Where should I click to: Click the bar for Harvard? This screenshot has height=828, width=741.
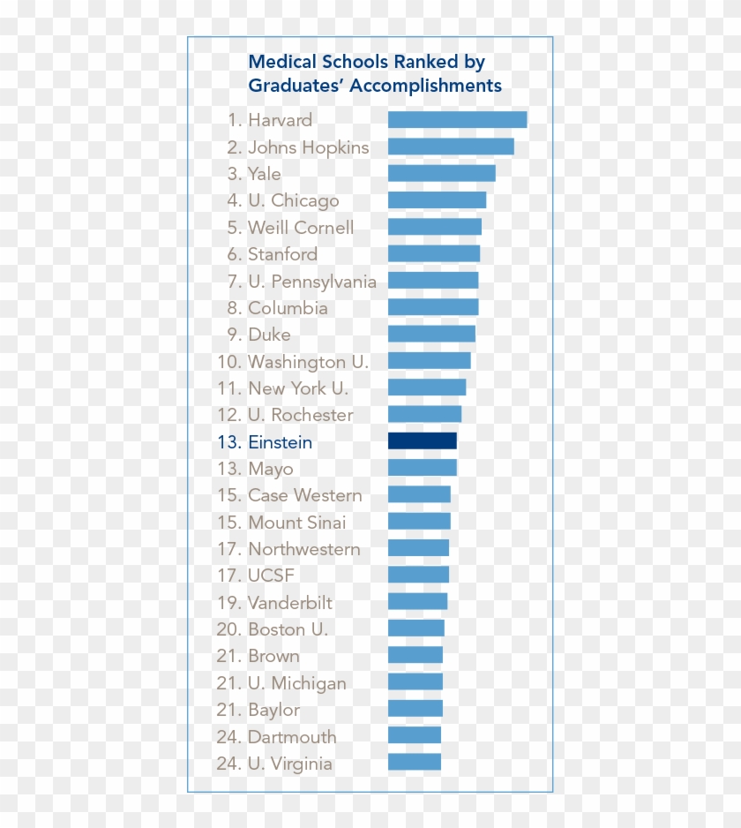[457, 120]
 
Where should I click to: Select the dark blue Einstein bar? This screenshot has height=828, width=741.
[423, 441]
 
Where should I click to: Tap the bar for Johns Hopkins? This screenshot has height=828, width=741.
[451, 147]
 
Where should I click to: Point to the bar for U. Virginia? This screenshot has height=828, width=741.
[415, 763]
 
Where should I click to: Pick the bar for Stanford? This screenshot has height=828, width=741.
[434, 254]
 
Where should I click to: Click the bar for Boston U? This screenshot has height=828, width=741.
[416, 629]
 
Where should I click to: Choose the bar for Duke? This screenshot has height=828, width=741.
[431, 335]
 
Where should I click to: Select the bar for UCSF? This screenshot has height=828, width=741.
[418, 576]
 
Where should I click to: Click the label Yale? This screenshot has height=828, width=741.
[264, 174]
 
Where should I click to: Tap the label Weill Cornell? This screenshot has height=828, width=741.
[301, 228]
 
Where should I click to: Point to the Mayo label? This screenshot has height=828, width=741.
[270, 469]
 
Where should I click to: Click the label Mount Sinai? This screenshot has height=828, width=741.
[296, 523]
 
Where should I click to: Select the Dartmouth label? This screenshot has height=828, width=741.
[292, 737]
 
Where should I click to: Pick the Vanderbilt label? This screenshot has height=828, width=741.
[290, 603]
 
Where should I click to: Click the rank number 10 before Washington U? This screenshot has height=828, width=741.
[228, 362]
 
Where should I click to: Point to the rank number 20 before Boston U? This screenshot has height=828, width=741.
[228, 629]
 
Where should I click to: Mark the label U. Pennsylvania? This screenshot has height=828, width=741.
[312, 282]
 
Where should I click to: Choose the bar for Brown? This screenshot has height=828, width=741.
[415, 655]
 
